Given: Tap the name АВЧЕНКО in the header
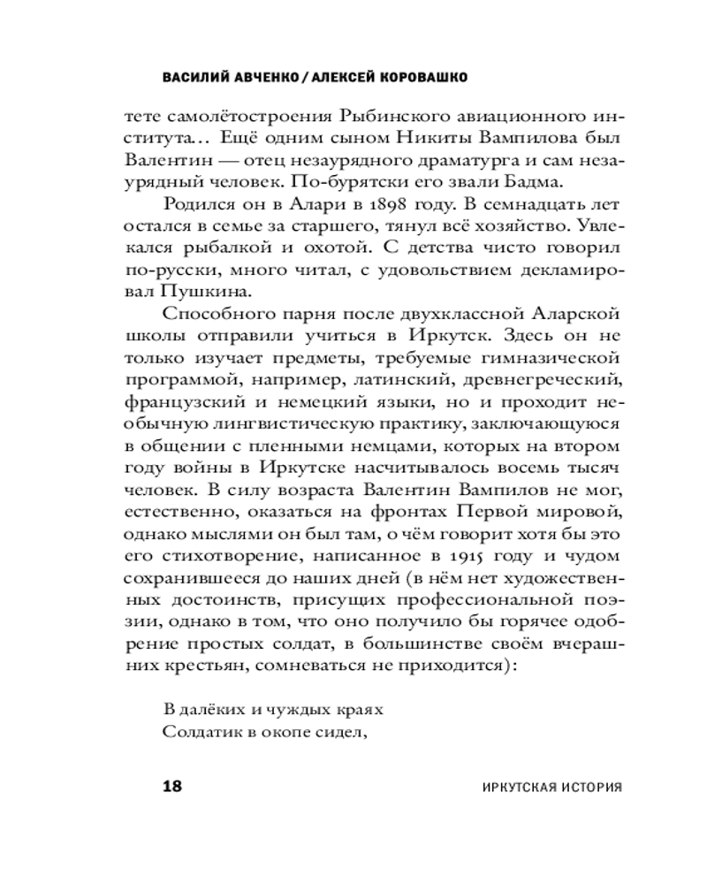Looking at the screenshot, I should coord(262,78).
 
